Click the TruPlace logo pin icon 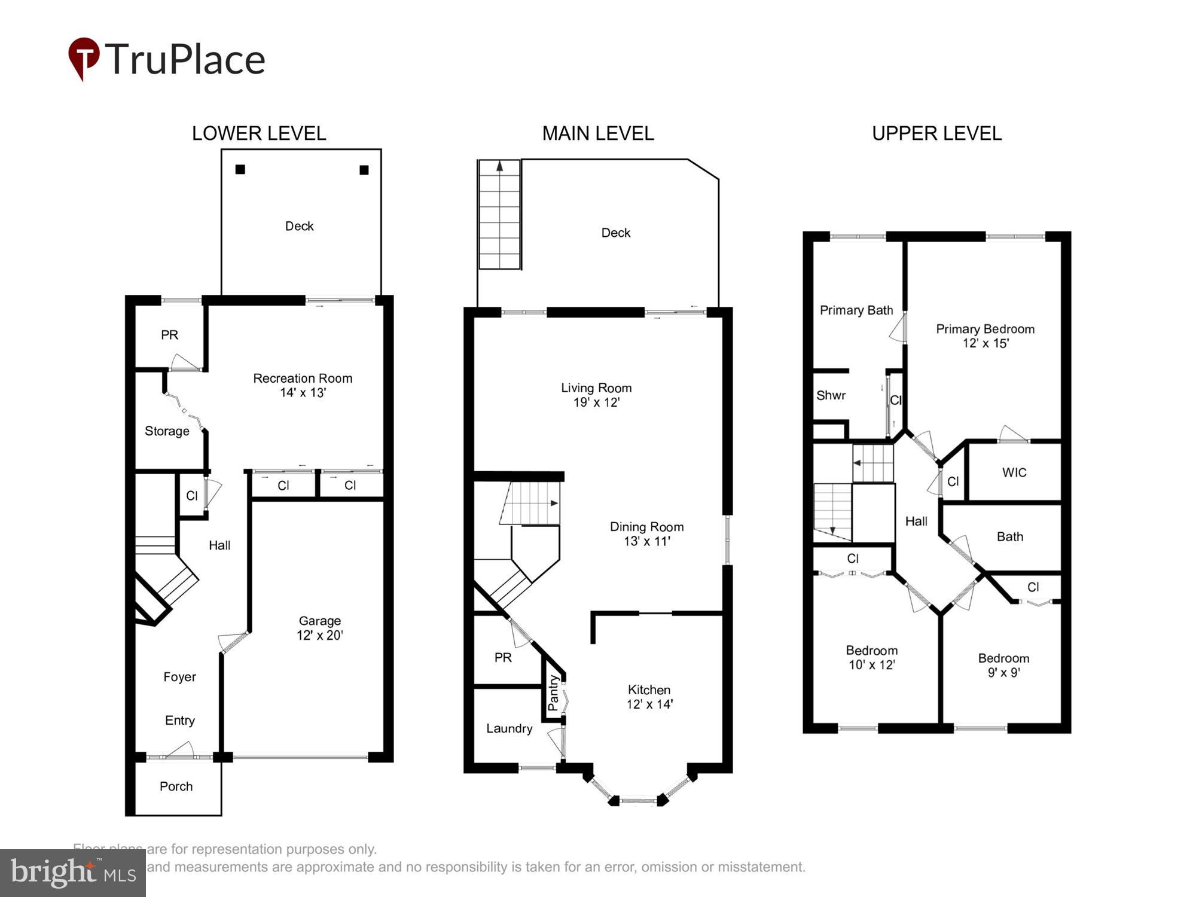point(84,58)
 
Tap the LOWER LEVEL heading point(259,133)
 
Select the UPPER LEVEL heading point(936,133)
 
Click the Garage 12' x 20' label point(320,628)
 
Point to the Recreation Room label point(303,379)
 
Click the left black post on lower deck point(240,169)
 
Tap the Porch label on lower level point(176,786)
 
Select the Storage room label point(167,431)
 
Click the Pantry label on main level point(553,693)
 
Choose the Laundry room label point(509,728)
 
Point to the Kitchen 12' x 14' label point(649,697)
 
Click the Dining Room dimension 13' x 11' point(647,541)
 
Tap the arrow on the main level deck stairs point(500,167)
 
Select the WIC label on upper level point(1014,472)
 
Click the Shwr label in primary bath point(831,395)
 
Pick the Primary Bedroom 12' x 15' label point(985,336)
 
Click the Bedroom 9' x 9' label point(1003,665)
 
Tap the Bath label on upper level point(1010,536)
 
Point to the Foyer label point(179,677)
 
